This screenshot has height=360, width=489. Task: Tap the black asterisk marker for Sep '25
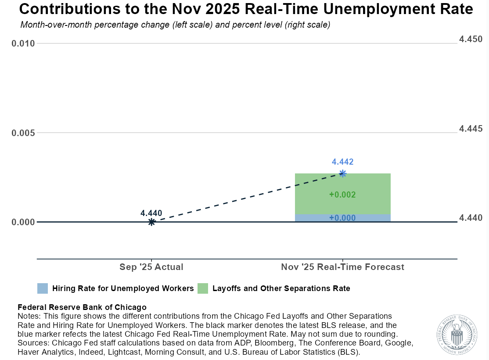[151, 222]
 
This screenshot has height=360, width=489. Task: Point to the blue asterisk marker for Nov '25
[343, 173]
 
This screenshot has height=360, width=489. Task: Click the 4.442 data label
[342, 162]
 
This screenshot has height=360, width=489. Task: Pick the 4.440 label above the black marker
[151, 213]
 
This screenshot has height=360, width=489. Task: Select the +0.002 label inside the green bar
[342, 195]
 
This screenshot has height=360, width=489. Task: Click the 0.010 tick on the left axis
[23, 43]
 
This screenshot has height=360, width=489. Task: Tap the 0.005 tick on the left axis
[23, 133]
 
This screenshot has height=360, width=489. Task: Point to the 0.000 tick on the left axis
[23, 222]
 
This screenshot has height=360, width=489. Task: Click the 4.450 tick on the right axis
[471, 40]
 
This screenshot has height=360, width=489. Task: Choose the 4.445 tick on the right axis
[471, 129]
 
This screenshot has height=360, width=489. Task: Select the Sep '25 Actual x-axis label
[151, 267]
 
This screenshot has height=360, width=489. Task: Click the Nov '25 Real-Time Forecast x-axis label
[342, 267]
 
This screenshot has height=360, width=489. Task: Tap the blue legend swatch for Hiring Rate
[43, 288]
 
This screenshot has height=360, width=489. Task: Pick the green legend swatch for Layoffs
[203, 288]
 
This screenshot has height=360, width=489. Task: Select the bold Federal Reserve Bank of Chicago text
[82, 307]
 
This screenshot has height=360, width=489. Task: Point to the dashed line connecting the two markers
[246, 198]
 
